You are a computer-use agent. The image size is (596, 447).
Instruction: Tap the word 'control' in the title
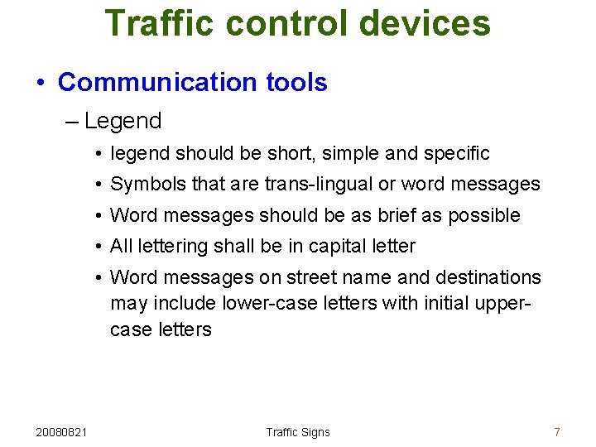(281, 23)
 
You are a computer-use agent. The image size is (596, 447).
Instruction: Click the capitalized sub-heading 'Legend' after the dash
(123, 121)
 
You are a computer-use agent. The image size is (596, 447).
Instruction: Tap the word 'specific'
(456, 153)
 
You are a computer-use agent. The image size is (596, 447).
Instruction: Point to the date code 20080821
(64, 432)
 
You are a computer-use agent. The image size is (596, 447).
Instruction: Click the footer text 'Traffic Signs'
(298, 432)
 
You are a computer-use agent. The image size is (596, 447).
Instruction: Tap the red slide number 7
(557, 432)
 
